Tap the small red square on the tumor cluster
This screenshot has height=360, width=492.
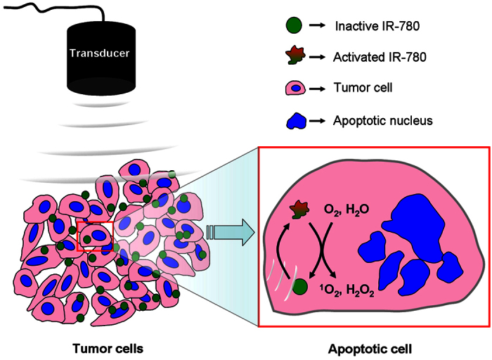93,234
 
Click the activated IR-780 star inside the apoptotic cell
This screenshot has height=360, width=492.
299,208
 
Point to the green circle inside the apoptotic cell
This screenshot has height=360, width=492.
302,287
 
